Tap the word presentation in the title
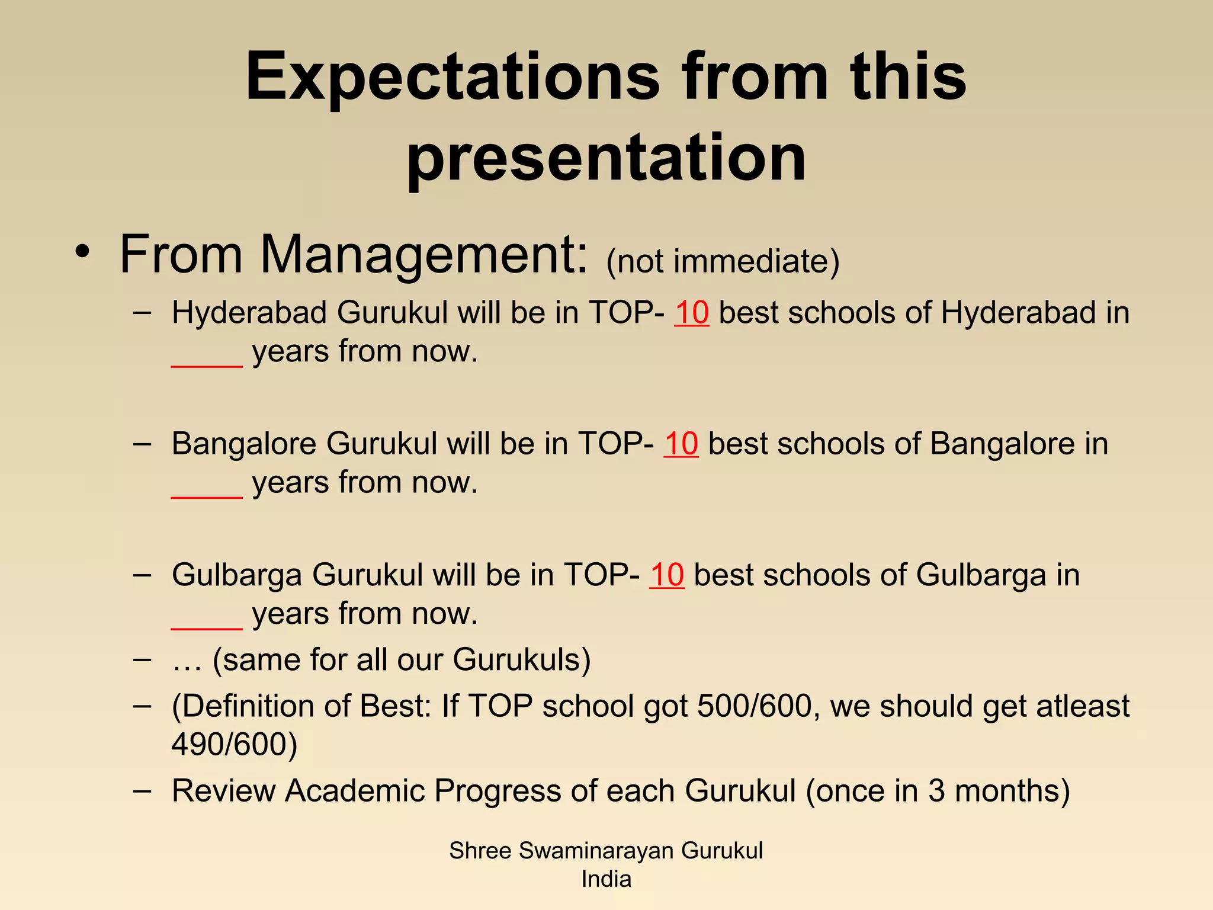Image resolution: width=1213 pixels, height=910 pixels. coord(606,159)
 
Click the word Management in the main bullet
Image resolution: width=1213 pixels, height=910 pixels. coord(423,255)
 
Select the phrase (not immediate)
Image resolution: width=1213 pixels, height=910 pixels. coord(723,261)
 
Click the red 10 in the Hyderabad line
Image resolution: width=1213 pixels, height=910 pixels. coord(691,313)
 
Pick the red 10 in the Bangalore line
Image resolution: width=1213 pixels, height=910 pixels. coord(681,444)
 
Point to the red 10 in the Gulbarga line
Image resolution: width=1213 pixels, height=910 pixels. coord(666,575)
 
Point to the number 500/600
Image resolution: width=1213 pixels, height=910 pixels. coord(754,706)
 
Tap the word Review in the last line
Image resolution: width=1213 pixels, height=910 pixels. coord(223,791)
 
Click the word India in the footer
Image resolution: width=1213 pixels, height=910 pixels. coord(606,879)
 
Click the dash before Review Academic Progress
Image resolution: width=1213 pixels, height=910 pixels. coord(142,791)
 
